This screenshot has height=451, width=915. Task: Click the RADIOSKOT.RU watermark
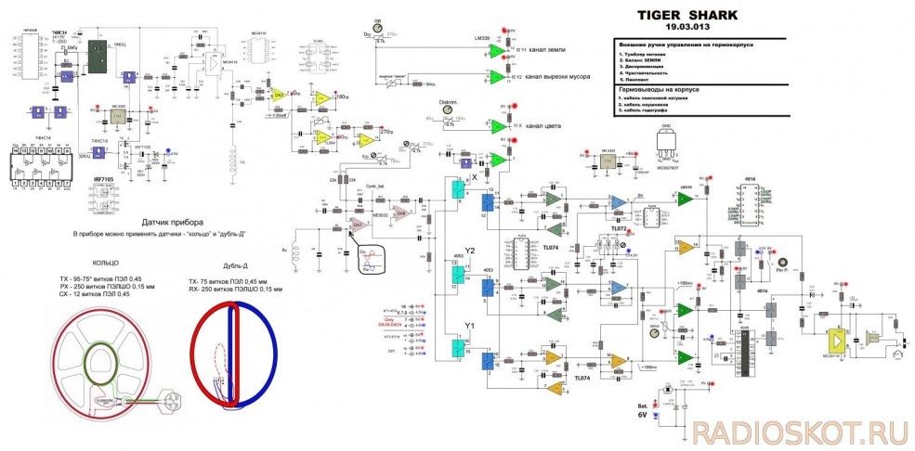[801, 430]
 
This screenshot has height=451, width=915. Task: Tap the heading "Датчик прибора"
[176, 224]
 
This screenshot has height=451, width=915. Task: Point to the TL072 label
[620, 227]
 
